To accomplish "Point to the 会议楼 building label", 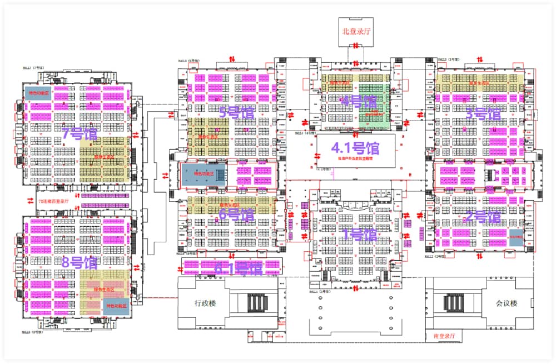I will (x=507, y=303).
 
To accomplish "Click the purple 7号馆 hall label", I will (x=79, y=134).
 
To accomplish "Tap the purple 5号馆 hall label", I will (x=236, y=113).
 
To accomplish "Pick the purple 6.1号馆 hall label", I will (x=239, y=268).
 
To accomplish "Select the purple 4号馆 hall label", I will (x=359, y=102).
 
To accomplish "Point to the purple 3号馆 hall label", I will (x=483, y=113).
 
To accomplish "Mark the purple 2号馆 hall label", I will (x=483, y=217).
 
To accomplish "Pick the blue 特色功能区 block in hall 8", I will (x=117, y=306).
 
